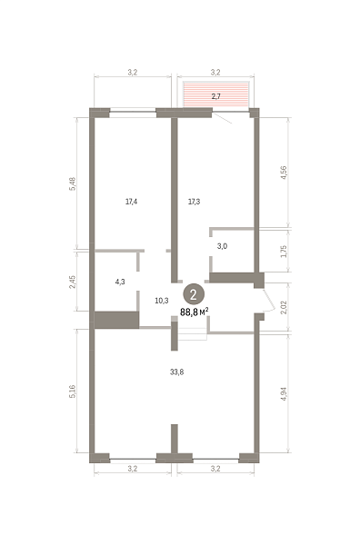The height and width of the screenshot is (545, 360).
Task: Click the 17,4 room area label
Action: tap(131, 202)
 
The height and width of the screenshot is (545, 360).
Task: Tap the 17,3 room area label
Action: tap(194, 202)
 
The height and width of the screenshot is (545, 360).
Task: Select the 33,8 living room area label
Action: tap(176, 372)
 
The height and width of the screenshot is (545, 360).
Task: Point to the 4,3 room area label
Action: tap(120, 282)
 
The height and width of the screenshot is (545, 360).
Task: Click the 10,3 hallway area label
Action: tap(162, 301)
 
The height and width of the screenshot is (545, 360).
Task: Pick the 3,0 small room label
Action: tap(222, 246)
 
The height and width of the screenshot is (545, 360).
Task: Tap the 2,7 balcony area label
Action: tap(216, 96)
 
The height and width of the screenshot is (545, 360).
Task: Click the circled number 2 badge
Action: tap(194, 294)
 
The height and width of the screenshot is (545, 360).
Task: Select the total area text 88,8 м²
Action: tap(194, 312)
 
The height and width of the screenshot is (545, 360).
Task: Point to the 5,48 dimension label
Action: tap(73, 183)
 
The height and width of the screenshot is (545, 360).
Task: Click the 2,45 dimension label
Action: tap(72, 282)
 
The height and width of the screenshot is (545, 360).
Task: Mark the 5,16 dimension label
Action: tap(73, 391)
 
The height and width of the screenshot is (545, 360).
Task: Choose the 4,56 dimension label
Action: tap(284, 173)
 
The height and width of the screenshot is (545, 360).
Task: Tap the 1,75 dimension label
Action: tap(284, 252)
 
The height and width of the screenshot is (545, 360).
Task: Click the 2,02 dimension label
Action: tap(284, 307)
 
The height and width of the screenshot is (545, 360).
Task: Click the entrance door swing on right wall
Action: tap(270, 301)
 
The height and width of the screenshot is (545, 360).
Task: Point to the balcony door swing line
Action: tap(223, 118)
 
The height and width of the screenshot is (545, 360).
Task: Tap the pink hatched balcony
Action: tap(216, 94)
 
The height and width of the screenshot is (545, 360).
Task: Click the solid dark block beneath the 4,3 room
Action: tap(117, 320)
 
